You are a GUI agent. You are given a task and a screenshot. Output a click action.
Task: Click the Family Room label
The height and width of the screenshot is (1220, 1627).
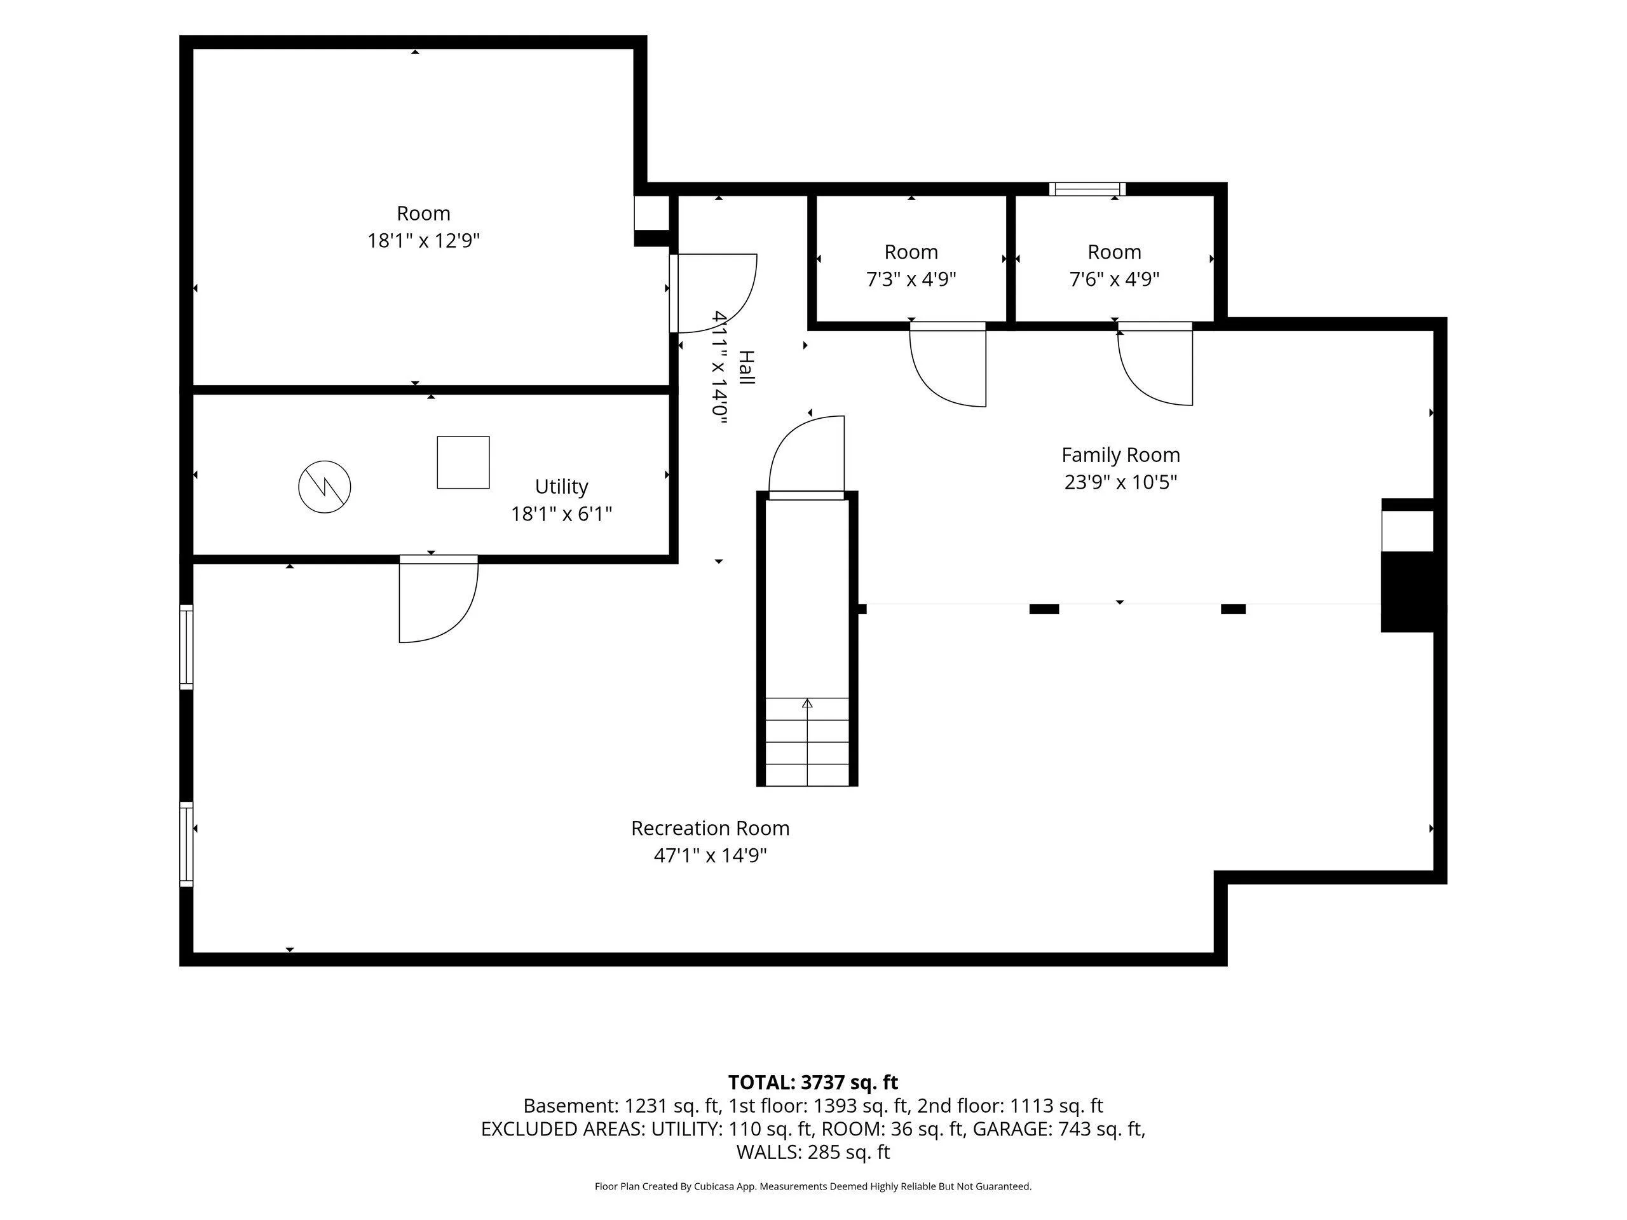pos(1120,455)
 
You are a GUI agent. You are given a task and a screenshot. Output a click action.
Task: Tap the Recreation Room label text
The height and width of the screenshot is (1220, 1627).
pos(710,828)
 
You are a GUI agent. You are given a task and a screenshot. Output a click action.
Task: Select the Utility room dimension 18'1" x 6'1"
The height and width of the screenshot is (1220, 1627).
pos(561,513)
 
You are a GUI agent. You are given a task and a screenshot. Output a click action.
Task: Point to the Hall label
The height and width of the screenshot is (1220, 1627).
pos(746,368)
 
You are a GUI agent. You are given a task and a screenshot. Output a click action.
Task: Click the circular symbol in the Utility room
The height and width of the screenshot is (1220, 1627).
pos(324,486)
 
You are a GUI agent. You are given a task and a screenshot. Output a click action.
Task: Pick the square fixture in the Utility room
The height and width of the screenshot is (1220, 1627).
pos(463,462)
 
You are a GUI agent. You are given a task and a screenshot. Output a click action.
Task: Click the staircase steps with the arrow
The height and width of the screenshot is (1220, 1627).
pos(807,742)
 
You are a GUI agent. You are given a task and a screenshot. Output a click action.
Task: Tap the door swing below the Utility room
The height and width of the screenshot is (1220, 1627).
pos(439,599)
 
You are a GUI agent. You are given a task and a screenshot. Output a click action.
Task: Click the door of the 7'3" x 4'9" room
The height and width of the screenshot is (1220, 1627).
pos(948,364)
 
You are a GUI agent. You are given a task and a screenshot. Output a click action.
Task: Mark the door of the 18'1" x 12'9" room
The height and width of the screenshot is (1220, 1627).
pos(712,293)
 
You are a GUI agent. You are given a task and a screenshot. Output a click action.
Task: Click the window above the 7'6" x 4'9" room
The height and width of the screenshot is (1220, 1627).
pos(1087,189)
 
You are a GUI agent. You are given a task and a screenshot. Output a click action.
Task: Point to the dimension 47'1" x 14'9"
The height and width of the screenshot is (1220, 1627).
pos(710,855)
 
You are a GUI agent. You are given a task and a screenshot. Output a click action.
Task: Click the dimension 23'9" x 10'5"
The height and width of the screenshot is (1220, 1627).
pos(1120,482)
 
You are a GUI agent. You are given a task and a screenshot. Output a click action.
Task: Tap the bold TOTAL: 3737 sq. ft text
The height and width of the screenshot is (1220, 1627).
pos(813,1083)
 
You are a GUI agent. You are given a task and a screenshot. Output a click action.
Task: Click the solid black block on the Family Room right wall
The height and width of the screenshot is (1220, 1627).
pos(1408,591)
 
